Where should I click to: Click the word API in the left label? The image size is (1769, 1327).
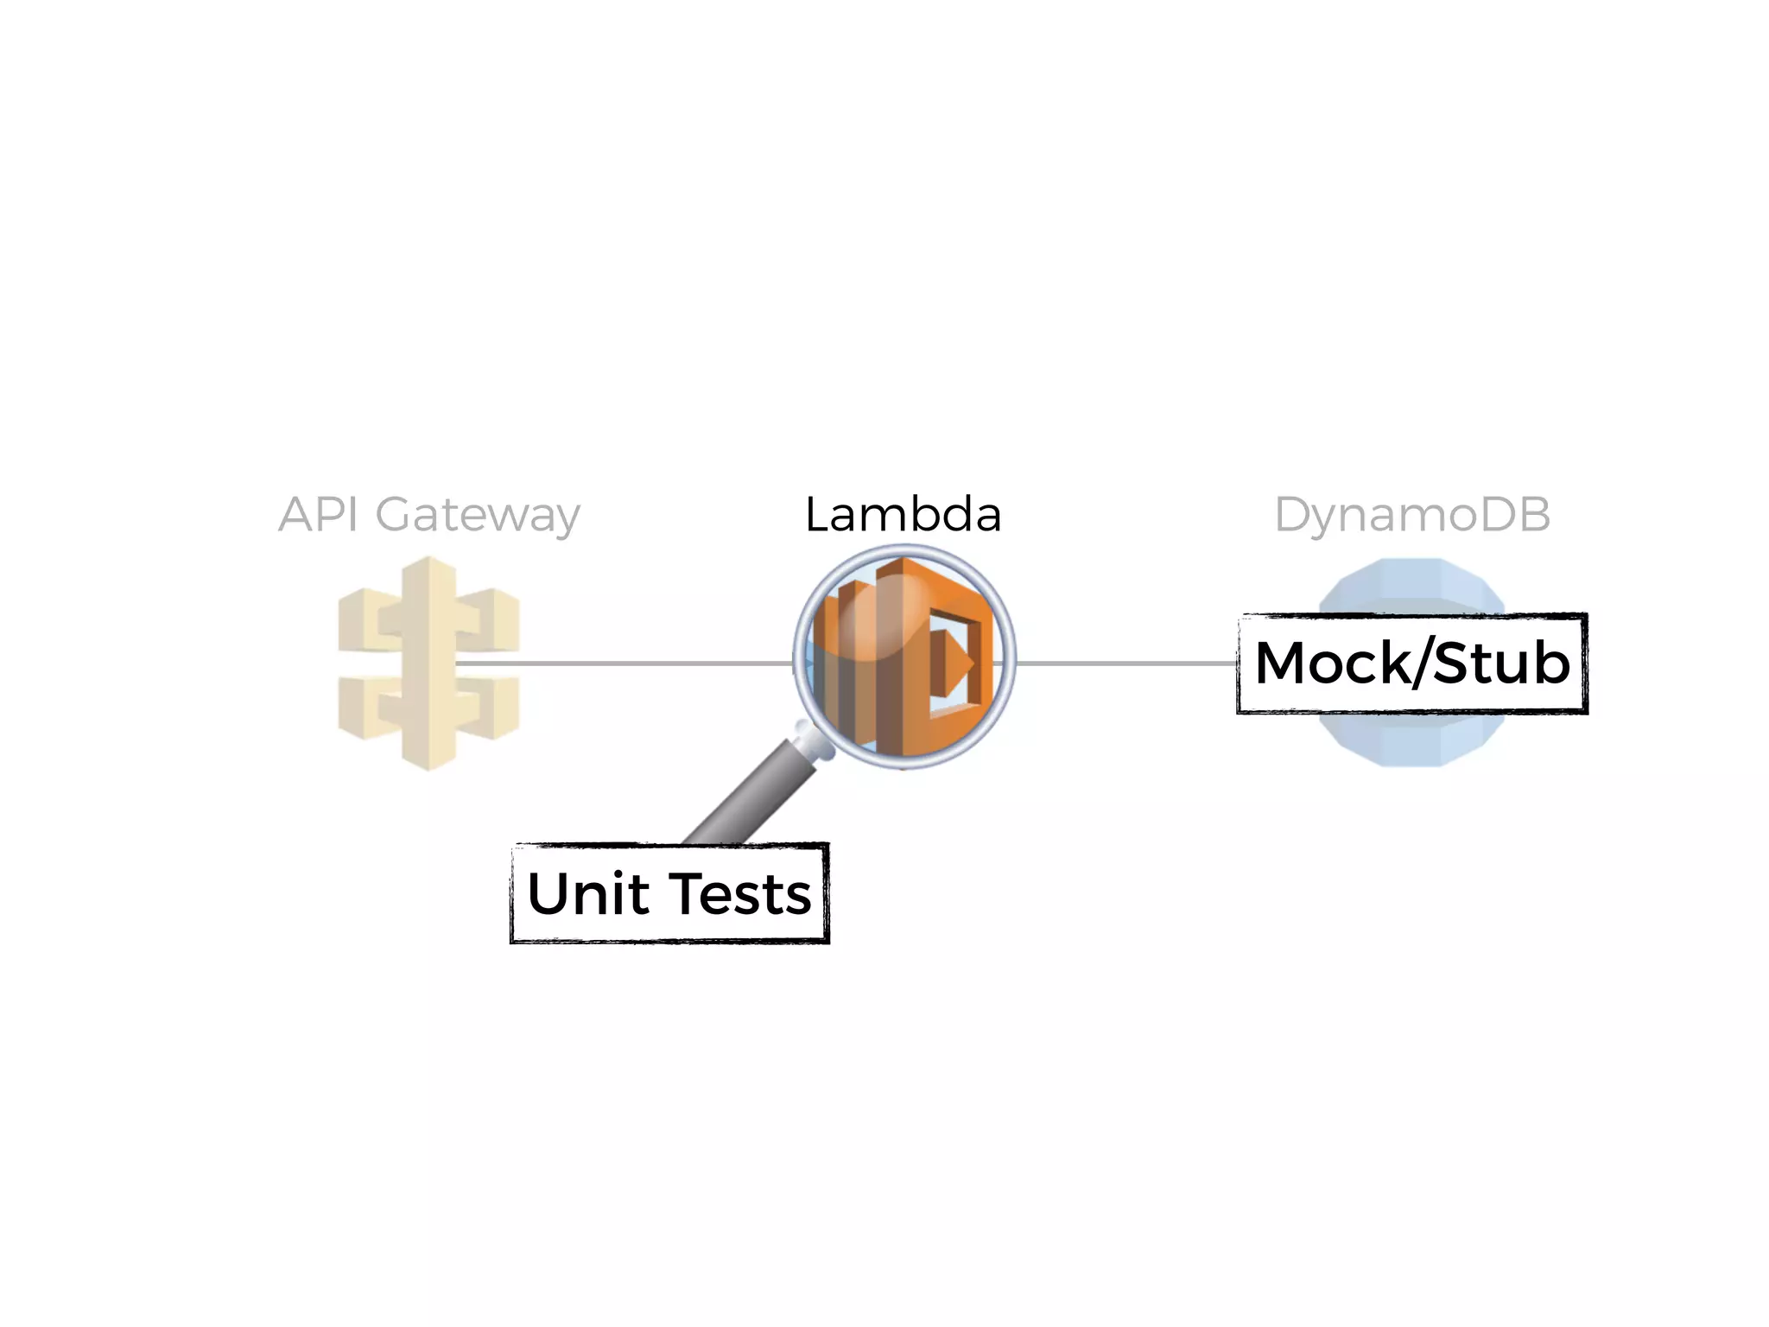318,515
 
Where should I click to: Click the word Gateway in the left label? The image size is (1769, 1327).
478,516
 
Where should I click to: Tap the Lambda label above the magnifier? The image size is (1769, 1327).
903,515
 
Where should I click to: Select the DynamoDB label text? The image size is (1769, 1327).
1412,515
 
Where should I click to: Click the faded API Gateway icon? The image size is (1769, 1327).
428,663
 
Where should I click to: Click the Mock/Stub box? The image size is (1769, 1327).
1412,663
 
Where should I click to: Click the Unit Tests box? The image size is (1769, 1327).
669,893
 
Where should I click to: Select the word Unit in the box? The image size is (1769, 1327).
588,893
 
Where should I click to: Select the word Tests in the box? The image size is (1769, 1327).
740,893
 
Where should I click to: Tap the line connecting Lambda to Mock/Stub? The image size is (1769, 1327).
1123,663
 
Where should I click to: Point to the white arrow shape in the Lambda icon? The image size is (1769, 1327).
959,663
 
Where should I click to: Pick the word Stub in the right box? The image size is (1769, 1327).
1501,663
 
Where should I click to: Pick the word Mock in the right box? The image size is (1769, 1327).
1332,663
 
